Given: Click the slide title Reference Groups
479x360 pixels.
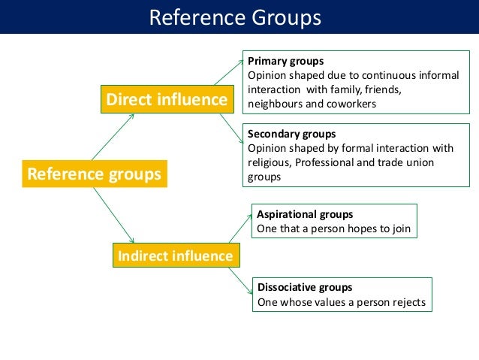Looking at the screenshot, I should tap(235, 17).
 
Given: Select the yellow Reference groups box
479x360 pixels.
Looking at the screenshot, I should tap(94, 174).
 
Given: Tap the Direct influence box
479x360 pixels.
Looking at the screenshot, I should tap(167, 99).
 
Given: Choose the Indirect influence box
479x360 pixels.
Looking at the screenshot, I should tap(175, 256).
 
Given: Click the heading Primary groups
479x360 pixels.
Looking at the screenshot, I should tap(285, 61).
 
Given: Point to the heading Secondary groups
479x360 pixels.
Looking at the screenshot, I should tap(291, 135).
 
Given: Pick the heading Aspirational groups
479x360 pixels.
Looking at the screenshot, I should tap(305, 214).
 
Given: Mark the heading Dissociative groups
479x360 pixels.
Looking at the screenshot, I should tap(305, 287).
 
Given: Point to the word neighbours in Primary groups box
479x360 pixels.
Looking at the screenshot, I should tap(277, 104).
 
